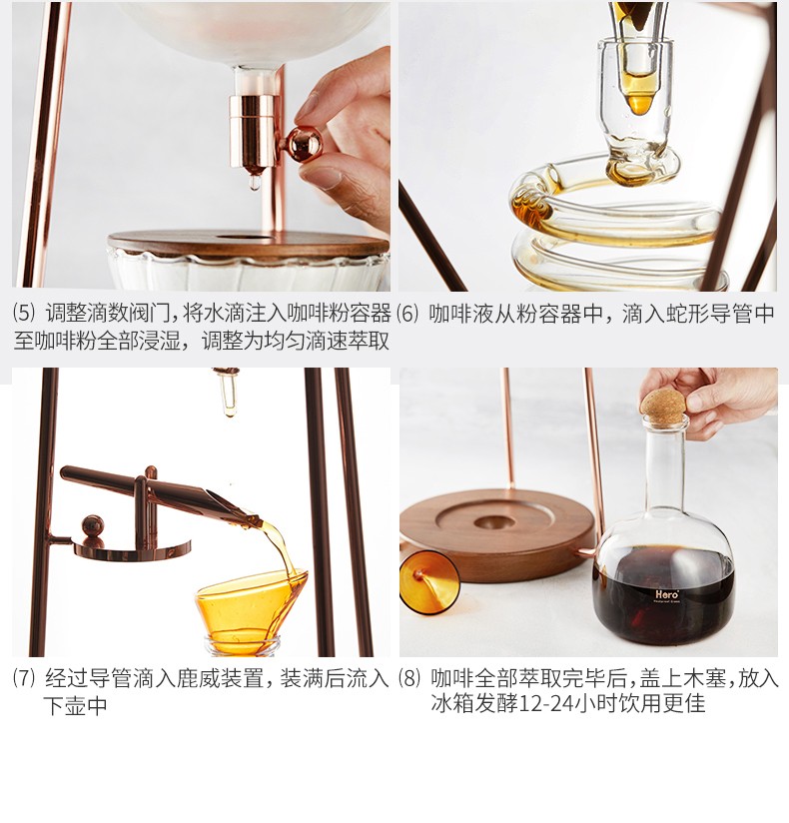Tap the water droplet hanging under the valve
click(255, 182)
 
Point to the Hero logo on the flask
click(667, 594)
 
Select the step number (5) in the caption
click(24, 314)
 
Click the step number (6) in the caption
click(407, 314)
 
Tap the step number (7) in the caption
click(24, 678)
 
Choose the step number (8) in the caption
click(409, 678)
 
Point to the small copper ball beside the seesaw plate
click(92, 526)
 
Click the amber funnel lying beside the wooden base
click(428, 582)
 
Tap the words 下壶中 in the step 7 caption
click(75, 706)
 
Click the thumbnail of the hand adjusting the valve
click(201, 146)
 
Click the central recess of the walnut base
click(494, 522)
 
